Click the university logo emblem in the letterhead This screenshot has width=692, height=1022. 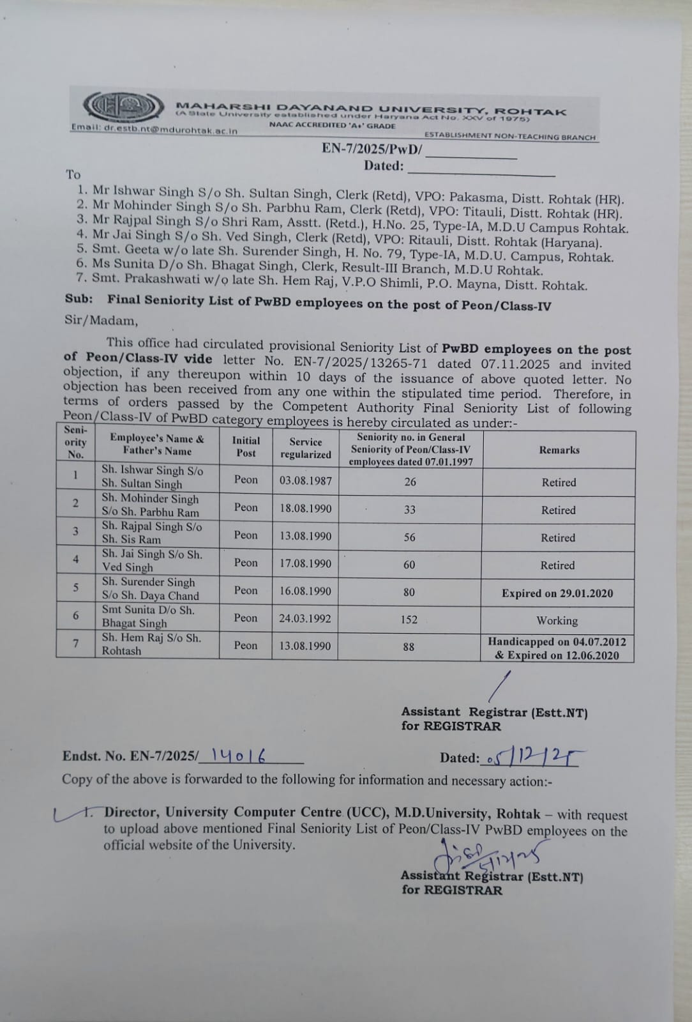click(x=122, y=107)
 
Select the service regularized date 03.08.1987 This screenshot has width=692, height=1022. click(x=305, y=480)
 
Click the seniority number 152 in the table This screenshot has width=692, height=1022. click(x=409, y=619)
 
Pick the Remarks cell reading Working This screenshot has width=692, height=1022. click(x=557, y=620)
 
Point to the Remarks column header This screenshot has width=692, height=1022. click(x=559, y=450)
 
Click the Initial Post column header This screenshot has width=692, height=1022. click(x=246, y=446)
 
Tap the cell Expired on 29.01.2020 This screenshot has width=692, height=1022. click(x=557, y=593)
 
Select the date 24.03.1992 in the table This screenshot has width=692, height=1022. click(x=305, y=618)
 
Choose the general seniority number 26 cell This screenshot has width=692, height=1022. click(x=410, y=482)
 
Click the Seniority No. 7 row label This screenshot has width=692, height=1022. click(x=75, y=644)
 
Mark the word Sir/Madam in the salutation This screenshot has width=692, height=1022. click(x=100, y=321)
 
